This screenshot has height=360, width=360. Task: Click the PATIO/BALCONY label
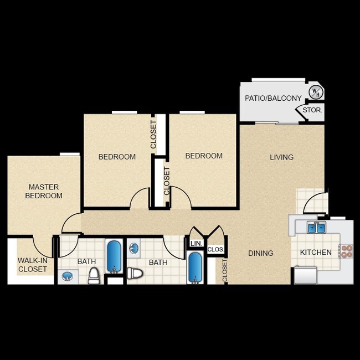273,98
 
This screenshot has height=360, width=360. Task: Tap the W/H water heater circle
315,91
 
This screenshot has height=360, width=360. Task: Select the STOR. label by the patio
312,110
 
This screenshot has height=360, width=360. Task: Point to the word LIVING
281,157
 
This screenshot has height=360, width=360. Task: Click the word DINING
260,253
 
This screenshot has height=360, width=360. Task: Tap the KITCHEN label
316,253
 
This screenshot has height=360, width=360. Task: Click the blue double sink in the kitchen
317,227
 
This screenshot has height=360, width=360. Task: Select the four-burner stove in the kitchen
347,251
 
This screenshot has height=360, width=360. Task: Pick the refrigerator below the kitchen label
305,275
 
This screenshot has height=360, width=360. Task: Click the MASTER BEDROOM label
44,192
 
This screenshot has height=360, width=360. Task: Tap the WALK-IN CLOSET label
32,265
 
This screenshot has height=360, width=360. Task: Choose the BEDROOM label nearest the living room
204,156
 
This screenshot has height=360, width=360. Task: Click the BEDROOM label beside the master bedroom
117,157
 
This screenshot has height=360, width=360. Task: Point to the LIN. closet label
196,243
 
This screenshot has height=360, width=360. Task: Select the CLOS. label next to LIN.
215,250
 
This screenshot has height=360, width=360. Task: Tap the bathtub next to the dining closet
195,268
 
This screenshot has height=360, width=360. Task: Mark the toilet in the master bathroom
94,275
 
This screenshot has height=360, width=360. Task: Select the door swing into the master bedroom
71,223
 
